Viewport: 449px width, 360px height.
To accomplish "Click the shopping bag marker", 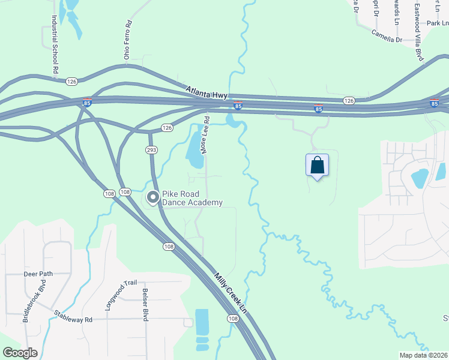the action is point(317,166).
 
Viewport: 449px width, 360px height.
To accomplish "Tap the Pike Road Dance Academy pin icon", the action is point(153,197).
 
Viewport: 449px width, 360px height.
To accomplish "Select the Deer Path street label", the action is point(38,274).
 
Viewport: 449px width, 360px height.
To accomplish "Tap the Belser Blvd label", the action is point(145,305).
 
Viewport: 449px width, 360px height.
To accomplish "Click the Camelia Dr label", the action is point(386,36).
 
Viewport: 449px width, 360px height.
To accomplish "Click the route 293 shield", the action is point(151,148).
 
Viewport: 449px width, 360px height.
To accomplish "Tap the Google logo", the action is point(20,353).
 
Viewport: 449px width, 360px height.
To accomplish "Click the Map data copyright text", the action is point(423,355).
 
